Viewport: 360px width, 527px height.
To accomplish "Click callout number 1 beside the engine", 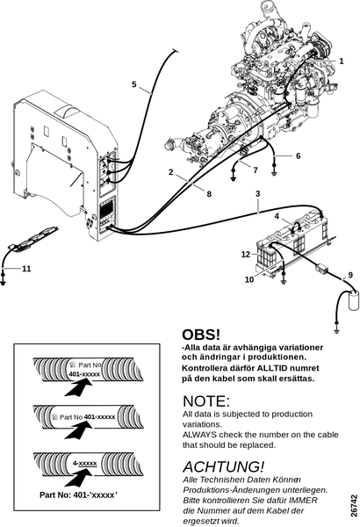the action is point(342,61).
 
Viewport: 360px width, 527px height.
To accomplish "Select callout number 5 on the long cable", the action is point(134,84).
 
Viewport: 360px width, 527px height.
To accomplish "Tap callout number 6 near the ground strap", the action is point(299,156).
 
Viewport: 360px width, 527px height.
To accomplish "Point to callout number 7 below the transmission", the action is point(256,170).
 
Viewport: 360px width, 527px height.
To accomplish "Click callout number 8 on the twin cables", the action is point(209,194).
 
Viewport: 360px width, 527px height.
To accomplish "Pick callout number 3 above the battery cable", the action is point(258,193).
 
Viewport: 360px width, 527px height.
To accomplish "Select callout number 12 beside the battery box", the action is point(246,255).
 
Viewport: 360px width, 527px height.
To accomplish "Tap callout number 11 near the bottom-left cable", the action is point(26,269).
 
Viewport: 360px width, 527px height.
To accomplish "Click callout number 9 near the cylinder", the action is point(350,275).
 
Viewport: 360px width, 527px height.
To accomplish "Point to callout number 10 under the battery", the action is point(249,279).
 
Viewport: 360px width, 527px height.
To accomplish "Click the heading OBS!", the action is point(201,335).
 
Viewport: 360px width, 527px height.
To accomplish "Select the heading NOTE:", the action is point(206,401).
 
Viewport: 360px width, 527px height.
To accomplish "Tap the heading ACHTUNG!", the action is point(224,467).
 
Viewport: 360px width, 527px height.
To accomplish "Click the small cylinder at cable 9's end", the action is point(353,300).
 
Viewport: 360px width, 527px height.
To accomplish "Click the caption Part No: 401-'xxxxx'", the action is point(78,495).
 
